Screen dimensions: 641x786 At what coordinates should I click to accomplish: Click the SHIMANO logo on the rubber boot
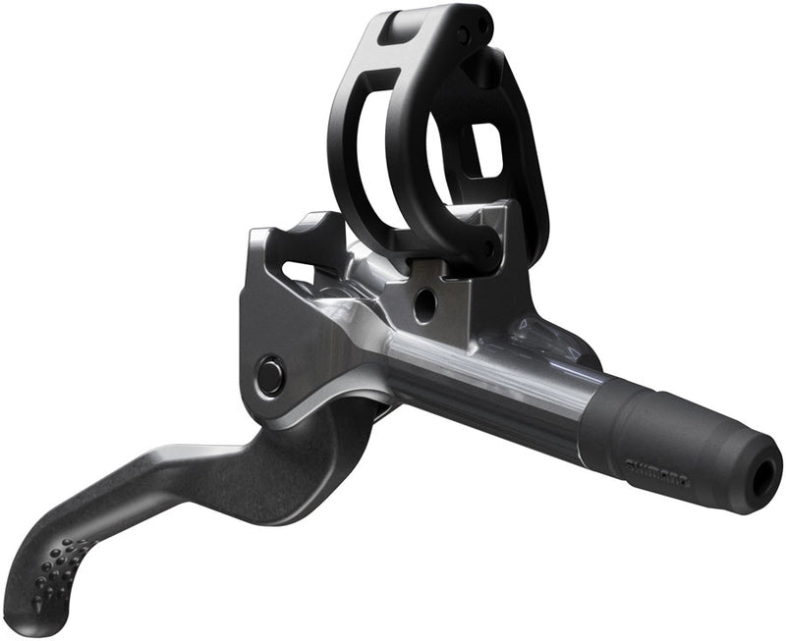(657, 469)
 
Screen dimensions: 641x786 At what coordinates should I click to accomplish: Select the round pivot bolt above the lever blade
(268, 375)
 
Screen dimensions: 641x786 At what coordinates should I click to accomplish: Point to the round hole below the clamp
(424, 305)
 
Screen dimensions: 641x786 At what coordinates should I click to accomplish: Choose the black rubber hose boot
(678, 442)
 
